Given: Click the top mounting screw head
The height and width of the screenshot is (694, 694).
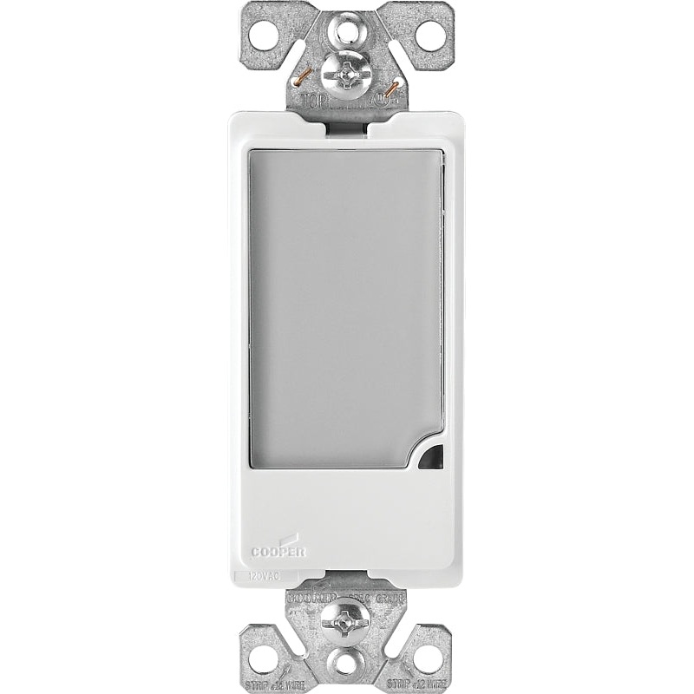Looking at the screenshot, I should click(346, 72).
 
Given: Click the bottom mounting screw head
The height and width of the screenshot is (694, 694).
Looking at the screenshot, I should click(346, 618).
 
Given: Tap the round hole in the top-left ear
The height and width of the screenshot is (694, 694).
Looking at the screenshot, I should click(265, 35).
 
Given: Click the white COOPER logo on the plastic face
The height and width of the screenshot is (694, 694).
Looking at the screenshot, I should click(278, 549).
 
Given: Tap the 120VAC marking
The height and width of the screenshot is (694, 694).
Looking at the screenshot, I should click(265, 575).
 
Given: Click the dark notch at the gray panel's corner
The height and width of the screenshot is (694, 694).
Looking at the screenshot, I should click(431, 457).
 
